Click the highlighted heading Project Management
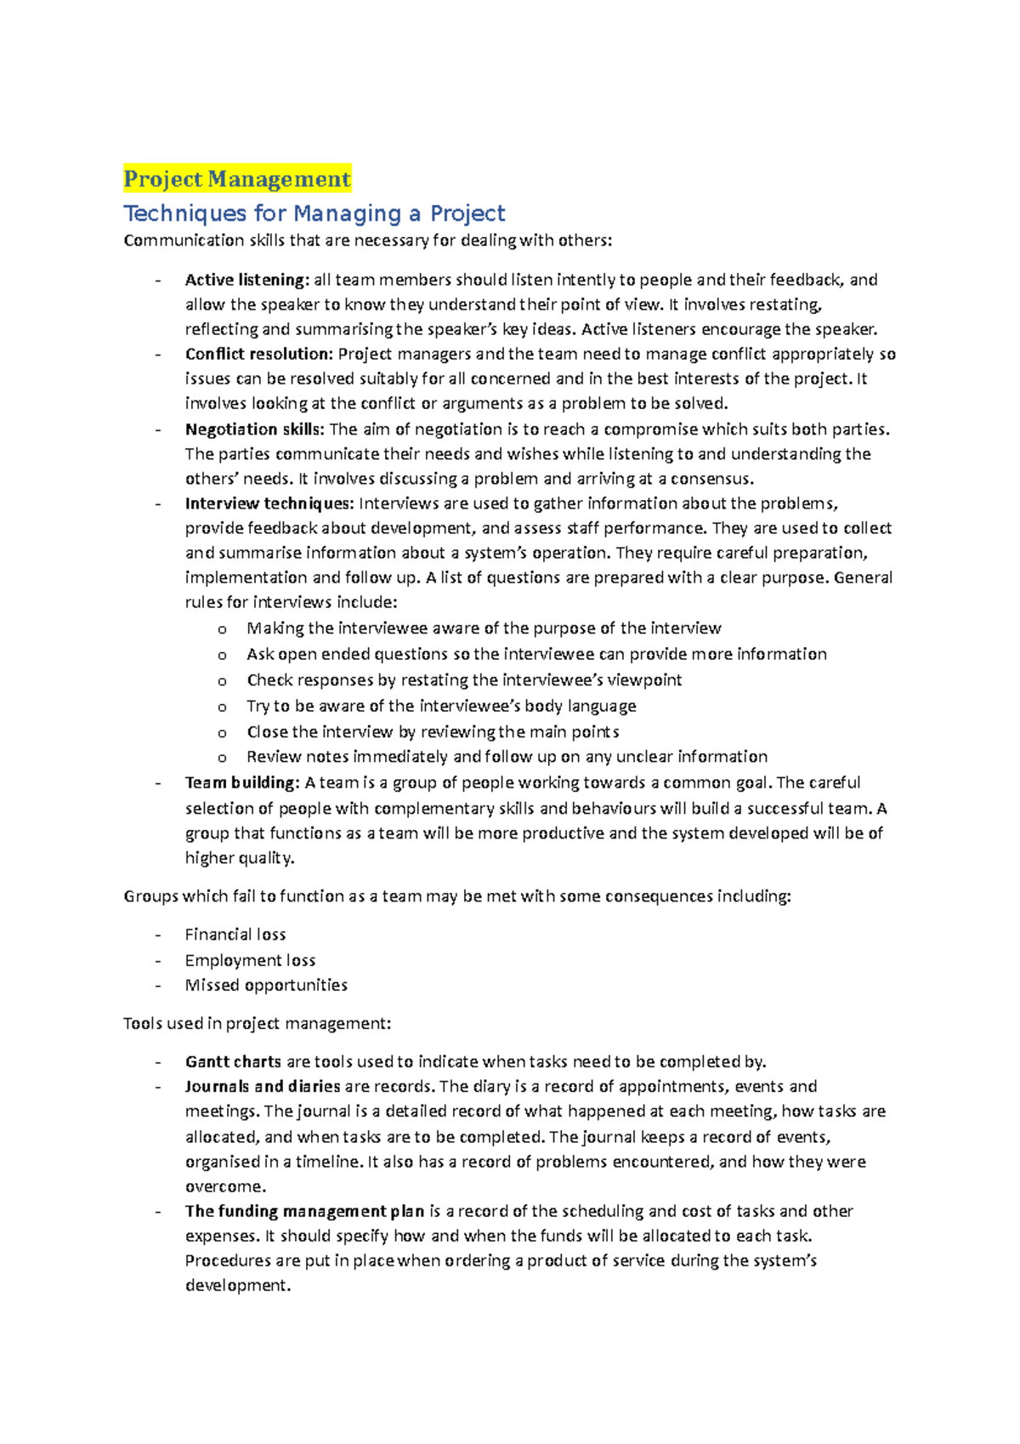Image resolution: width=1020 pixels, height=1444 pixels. pyautogui.click(x=237, y=179)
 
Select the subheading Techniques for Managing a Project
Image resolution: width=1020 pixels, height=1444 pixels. pyautogui.click(x=314, y=213)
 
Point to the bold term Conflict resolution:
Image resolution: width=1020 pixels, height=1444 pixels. pyautogui.click(x=259, y=354)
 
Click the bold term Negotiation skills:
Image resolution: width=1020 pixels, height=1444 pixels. pyautogui.click(x=255, y=429)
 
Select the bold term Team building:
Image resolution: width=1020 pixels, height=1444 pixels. pyautogui.click(x=242, y=782)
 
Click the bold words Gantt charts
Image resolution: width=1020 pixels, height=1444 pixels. pyautogui.click(x=233, y=1061)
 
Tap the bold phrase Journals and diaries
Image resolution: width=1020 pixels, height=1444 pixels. pyautogui.click(x=263, y=1086)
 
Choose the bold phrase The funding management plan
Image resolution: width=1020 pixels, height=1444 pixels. pyautogui.click(x=304, y=1211)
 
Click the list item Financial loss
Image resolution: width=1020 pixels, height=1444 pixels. pyautogui.click(x=235, y=935)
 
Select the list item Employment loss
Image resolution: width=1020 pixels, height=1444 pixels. pyautogui.click(x=250, y=960)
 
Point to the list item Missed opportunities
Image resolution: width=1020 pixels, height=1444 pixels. pyautogui.click(x=266, y=985)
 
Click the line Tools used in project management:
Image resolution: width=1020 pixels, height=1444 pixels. pyautogui.click(x=258, y=1023)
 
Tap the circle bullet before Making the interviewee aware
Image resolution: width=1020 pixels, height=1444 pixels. pyautogui.click(x=222, y=629)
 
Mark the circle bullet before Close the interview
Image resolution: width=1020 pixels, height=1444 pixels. pyautogui.click(x=222, y=733)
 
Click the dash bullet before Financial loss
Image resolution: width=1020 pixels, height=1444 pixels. pyautogui.click(x=158, y=935)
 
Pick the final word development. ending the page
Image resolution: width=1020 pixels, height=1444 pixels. pyautogui.click(x=238, y=1285)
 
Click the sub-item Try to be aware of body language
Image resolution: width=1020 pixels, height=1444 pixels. pyautogui.click(x=441, y=706)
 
